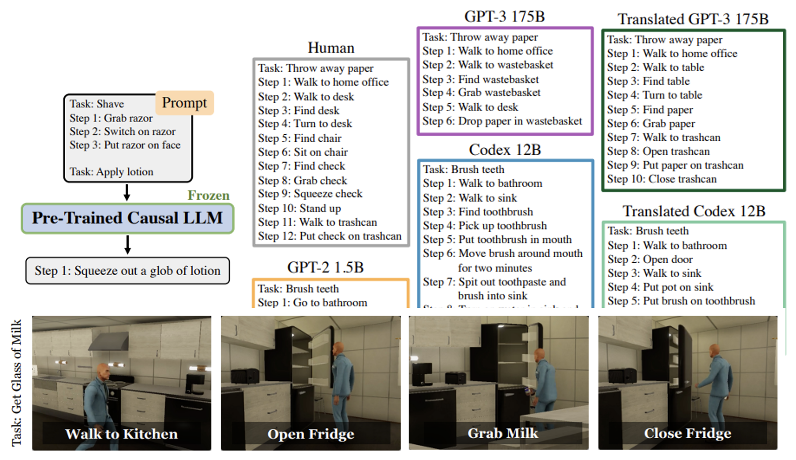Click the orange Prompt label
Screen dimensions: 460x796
click(x=184, y=103)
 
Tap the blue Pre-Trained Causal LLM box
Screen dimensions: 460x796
click(x=127, y=218)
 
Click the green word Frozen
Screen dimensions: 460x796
click(x=208, y=195)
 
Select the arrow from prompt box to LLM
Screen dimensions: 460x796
click(x=127, y=192)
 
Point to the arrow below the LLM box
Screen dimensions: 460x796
click(x=127, y=245)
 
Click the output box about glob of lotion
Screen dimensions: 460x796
click(x=127, y=271)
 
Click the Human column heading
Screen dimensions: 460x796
click(x=331, y=48)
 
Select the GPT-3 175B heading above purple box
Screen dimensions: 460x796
click(x=504, y=17)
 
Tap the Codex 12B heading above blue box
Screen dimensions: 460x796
click(x=505, y=150)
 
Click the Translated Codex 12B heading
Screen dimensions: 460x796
click(x=694, y=211)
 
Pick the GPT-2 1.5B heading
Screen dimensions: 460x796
click(x=325, y=267)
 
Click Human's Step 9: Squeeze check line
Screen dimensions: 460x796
click(x=310, y=194)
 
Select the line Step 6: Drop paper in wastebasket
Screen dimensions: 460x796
click(x=502, y=121)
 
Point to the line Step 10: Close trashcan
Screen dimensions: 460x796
click(x=662, y=179)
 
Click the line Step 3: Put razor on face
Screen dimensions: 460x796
click(x=125, y=145)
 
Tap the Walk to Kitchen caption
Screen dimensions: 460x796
click(x=121, y=434)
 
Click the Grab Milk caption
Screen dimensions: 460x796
click(x=503, y=433)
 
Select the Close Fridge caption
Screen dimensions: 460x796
click(x=687, y=433)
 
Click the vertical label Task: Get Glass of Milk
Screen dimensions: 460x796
click(x=16, y=383)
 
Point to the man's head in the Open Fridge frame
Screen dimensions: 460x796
click(x=338, y=349)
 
